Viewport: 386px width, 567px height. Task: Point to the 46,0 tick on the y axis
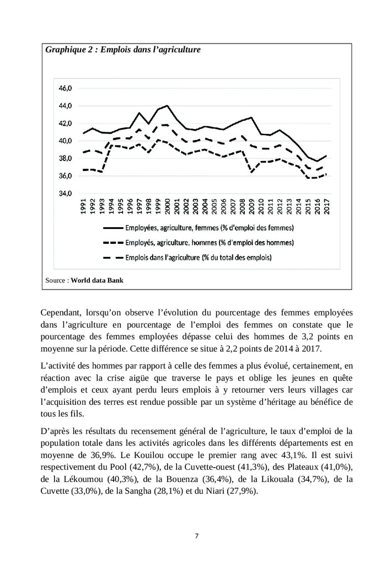pos(65,88)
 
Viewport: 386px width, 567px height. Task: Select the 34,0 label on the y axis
pos(65,194)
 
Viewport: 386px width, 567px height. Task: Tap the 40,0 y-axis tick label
pos(65,141)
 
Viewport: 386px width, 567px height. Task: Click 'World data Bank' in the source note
pos(97,280)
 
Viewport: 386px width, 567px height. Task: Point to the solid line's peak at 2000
pos(167,105)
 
